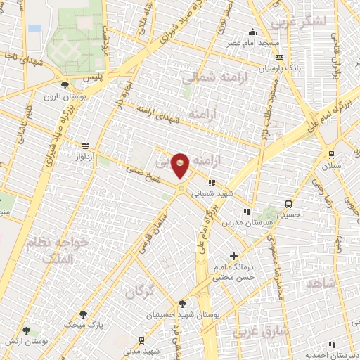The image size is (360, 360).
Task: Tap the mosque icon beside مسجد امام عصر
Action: click(253, 32)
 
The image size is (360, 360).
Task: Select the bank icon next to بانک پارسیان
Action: click(280, 58)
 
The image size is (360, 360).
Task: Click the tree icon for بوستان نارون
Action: click(65, 84)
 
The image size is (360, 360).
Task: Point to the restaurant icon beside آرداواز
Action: click(86, 146)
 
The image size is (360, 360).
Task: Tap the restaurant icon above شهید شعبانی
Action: click(212, 182)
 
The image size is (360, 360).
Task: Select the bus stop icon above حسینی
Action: click(288, 204)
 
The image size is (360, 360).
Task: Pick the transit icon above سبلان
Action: click(331, 155)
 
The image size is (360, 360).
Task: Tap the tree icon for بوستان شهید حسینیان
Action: click(183, 304)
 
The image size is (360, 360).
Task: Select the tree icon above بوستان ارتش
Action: click(26, 330)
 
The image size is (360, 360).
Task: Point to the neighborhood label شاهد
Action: click(321, 283)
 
